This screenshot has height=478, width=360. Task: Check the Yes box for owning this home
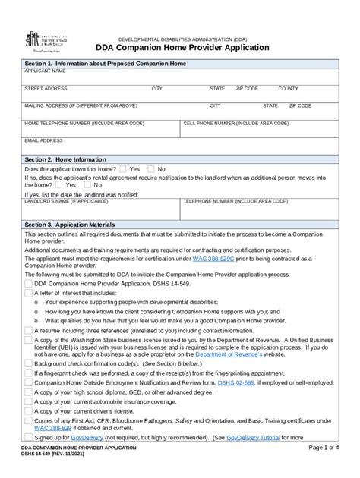pyautogui.click(x=122, y=169)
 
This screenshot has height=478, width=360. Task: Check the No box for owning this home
pyautogui.click(x=151, y=169)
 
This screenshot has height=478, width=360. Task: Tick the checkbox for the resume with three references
pyautogui.click(x=29, y=331)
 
